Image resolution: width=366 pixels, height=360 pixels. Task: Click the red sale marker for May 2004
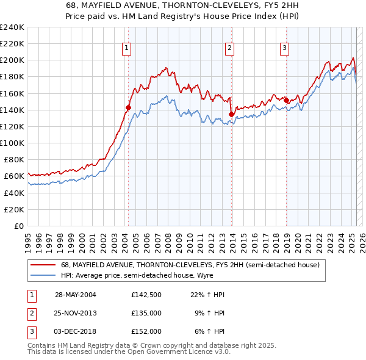coord(129,107)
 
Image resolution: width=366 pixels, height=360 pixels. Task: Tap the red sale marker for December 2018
coord(286,100)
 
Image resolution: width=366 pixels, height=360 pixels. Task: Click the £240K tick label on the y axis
coord(12,27)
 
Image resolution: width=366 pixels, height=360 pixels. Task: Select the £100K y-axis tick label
coord(12,143)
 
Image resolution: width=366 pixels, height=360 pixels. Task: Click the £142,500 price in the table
coord(146,294)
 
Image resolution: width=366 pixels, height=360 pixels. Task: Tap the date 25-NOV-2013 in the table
coord(76,313)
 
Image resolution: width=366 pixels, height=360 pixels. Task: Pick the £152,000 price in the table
coord(146,332)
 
